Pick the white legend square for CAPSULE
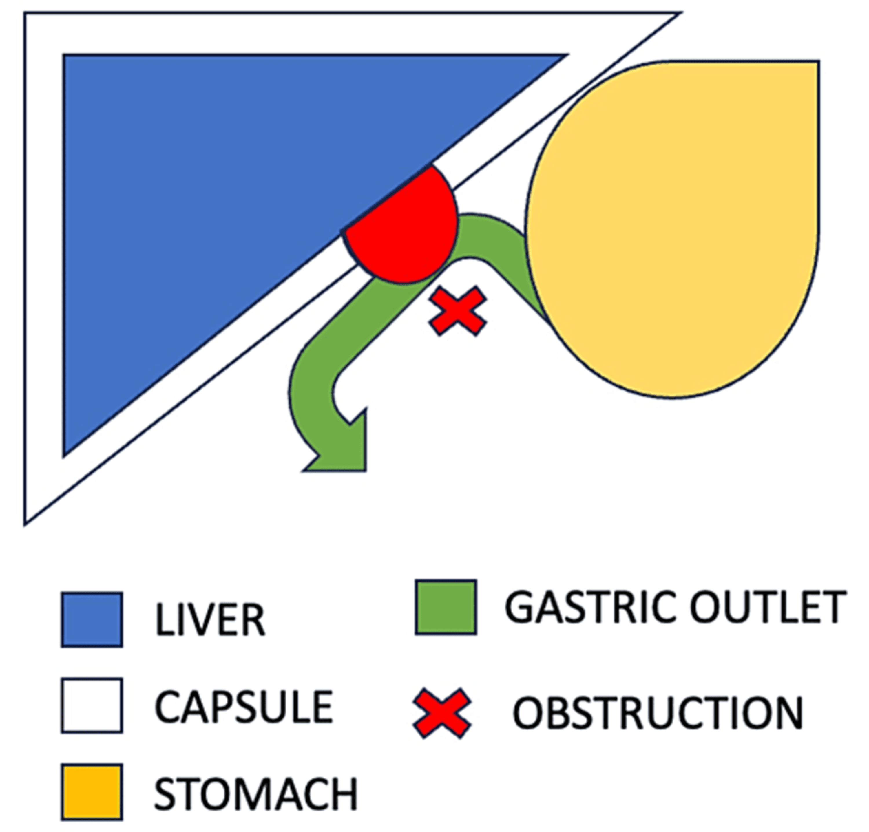[x=92, y=705]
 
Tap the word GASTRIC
[x=587, y=607]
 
